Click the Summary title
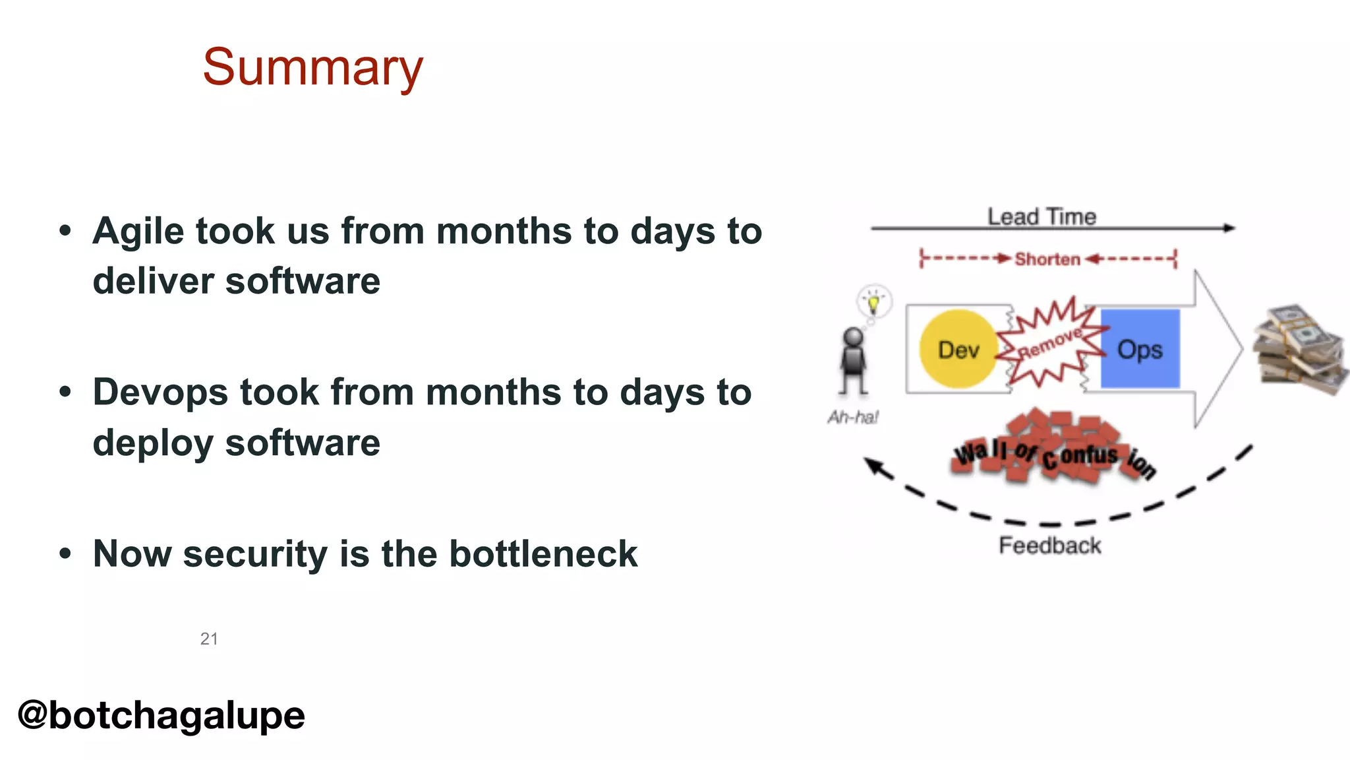(312, 67)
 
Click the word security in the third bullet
(254, 555)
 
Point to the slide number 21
(209, 639)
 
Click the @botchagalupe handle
(161, 715)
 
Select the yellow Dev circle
(958, 349)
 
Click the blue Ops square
(1140, 348)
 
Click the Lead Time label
(1042, 216)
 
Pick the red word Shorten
(1047, 259)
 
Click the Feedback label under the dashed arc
(1049, 546)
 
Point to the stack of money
(1299, 350)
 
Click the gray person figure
(853, 360)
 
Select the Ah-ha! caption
(853, 417)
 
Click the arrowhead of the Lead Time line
(1229, 228)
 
